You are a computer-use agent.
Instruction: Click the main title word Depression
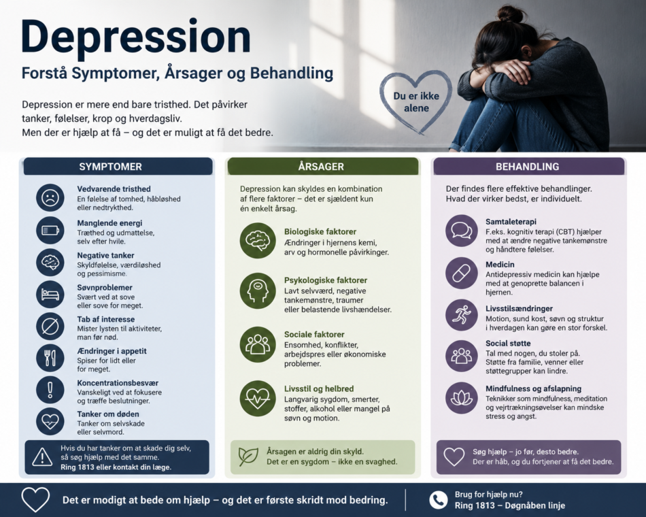click(136, 37)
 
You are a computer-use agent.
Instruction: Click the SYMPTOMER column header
click(110, 167)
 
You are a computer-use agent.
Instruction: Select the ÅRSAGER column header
click(321, 167)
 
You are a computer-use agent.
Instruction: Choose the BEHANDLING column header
click(528, 167)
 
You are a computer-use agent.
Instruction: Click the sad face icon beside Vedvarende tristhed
click(50, 198)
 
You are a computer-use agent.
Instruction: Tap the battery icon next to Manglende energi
click(50, 230)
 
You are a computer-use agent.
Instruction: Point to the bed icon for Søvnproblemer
click(50, 295)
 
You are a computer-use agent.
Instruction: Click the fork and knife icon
click(50, 357)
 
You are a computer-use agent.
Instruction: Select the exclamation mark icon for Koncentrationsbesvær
click(50, 389)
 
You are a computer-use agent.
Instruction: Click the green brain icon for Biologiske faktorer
click(258, 240)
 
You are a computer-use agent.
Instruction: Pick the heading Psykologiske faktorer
click(326, 280)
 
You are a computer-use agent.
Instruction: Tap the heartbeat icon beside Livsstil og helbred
click(258, 399)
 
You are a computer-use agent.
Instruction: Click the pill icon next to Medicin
click(462, 273)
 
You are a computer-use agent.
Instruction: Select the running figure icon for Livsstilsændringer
click(462, 315)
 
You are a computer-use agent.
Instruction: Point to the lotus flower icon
click(462, 398)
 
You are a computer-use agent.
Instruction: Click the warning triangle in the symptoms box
click(42, 457)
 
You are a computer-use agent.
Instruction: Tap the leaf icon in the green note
click(248, 456)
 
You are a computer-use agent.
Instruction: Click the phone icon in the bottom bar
click(439, 500)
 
